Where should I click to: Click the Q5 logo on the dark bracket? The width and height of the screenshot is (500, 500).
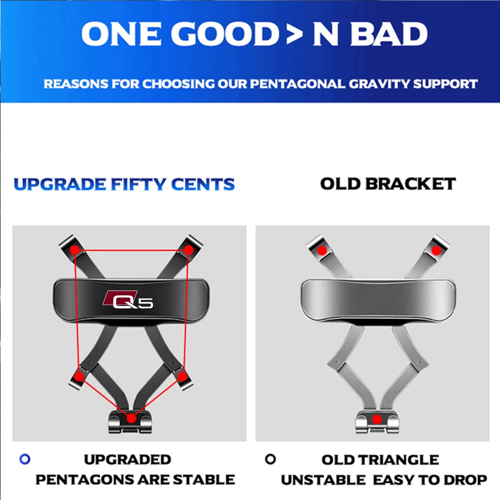(x=128, y=299)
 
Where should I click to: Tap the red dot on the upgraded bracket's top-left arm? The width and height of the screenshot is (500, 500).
(x=74, y=250)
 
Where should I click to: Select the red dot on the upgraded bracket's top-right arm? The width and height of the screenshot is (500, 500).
(x=189, y=249)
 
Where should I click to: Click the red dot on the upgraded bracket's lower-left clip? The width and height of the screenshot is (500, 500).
(x=79, y=376)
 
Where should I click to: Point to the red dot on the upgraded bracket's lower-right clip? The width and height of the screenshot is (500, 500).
(x=182, y=376)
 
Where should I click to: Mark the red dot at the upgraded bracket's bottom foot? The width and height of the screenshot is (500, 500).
(x=131, y=418)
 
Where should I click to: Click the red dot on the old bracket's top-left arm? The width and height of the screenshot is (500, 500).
(x=322, y=250)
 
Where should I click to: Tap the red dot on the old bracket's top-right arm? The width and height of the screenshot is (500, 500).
(x=436, y=250)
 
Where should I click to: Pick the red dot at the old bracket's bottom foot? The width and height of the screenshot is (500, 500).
(x=377, y=419)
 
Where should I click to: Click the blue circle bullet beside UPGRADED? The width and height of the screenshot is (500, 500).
(x=25, y=459)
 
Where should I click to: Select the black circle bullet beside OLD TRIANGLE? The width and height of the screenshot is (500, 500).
(x=270, y=459)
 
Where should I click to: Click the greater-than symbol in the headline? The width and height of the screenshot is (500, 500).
(x=294, y=33)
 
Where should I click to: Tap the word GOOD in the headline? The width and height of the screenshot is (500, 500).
(x=225, y=34)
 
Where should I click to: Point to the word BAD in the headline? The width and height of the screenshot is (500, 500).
(x=388, y=34)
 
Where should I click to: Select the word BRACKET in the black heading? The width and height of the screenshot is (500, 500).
(x=410, y=184)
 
